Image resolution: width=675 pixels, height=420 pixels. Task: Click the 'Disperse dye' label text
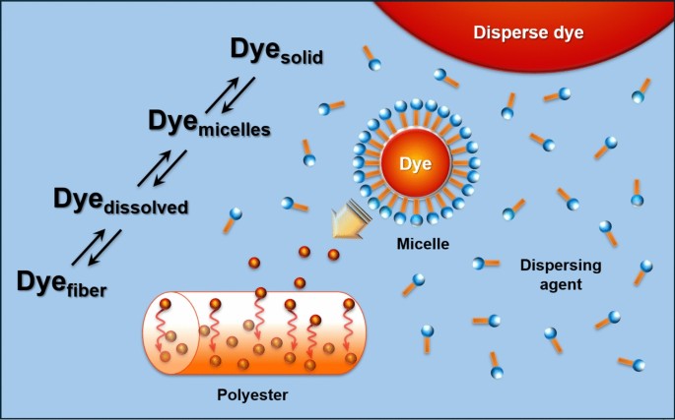click(x=528, y=32)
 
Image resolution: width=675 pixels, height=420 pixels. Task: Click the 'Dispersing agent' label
click(x=554, y=274)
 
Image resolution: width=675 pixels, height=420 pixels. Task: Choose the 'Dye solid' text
click(x=277, y=49)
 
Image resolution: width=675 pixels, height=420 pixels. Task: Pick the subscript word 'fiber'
click(x=81, y=289)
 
